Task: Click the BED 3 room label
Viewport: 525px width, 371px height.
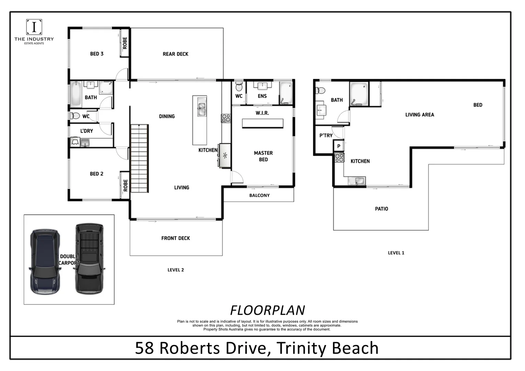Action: [97, 54]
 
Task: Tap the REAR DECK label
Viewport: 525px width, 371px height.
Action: [175, 54]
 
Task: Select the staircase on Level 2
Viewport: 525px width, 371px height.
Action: [139, 158]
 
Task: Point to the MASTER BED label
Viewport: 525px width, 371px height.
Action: [263, 156]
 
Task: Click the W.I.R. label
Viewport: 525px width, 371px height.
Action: [262, 113]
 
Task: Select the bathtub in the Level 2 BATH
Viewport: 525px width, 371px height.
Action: [76, 94]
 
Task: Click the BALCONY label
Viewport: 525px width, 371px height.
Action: [259, 195]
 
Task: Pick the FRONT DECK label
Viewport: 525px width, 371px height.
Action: [176, 238]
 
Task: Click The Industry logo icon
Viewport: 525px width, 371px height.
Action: [34, 27]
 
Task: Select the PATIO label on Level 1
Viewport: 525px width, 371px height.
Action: [381, 209]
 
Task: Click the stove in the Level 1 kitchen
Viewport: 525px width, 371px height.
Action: [339, 158]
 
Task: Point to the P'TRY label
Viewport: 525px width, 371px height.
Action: [326, 135]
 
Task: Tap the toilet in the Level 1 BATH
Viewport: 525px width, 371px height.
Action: [321, 90]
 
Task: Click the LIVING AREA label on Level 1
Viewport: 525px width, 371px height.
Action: [420, 115]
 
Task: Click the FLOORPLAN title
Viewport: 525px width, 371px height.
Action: [267, 310]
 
